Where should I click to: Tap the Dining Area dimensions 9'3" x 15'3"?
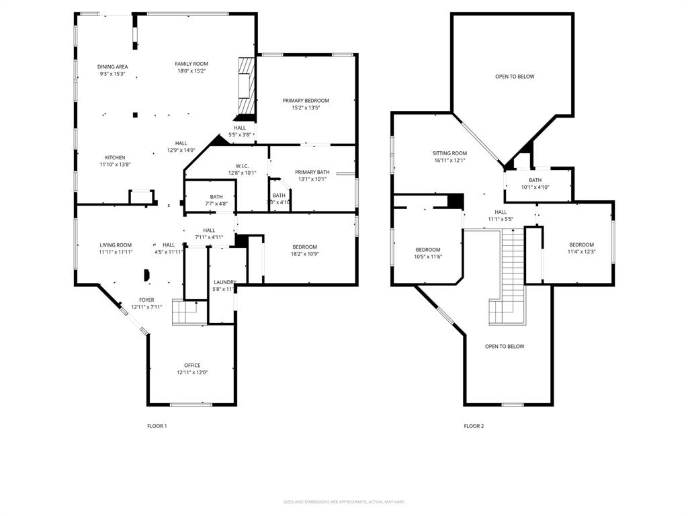click(112, 74)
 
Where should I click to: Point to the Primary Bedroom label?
click(306, 101)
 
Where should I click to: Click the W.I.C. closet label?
click(242, 166)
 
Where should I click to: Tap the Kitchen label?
click(114, 157)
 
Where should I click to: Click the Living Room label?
click(116, 245)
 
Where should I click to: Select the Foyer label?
click(146, 300)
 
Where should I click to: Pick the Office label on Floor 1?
click(192, 365)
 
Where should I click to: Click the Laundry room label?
click(224, 282)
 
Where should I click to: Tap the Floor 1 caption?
click(157, 426)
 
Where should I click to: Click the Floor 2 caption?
click(474, 426)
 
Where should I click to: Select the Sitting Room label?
click(449, 153)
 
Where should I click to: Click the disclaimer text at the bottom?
click(344, 502)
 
